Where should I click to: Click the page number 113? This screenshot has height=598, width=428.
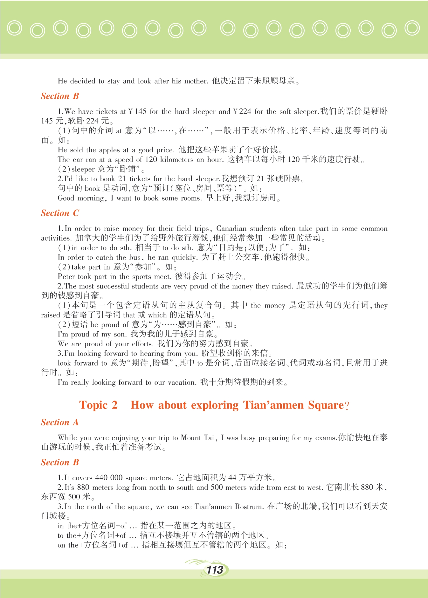point(215,570)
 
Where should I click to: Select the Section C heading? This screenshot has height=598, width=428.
point(60,213)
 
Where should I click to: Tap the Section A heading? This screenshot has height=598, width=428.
point(59,422)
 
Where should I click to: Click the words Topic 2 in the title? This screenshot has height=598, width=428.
point(98,405)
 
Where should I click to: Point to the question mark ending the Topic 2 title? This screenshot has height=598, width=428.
point(347,406)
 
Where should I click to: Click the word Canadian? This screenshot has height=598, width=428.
point(231,229)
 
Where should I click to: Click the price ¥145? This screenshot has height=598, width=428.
point(137,111)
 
